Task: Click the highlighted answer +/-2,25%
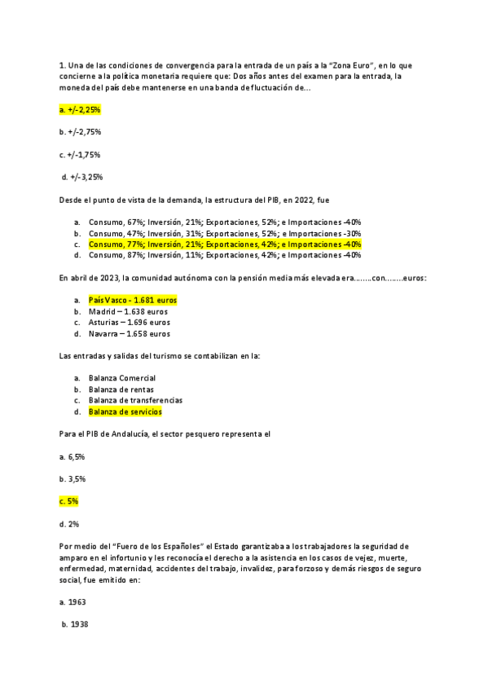pos(80,109)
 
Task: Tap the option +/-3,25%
pos(81,176)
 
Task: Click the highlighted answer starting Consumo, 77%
pos(224,244)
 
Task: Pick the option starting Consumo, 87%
pos(224,255)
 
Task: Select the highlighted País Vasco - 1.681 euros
pos(132,300)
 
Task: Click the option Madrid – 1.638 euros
pos(128,311)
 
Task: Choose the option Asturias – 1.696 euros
pos(129,322)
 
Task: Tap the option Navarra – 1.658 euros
pos(129,333)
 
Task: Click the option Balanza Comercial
pos(122,378)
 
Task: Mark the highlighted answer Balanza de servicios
pos(125,412)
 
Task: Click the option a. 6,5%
pos(73,456)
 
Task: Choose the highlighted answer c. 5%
pos(68,501)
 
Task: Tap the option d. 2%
pos(68,523)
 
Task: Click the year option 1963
pos(73,601)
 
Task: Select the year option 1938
pos(76,624)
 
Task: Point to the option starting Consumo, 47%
pos(224,233)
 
